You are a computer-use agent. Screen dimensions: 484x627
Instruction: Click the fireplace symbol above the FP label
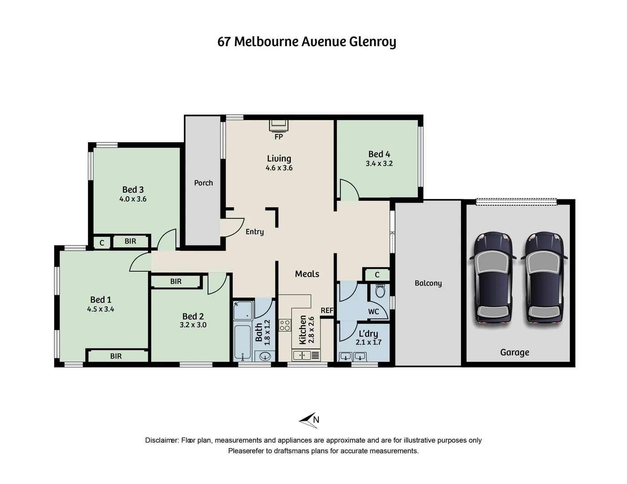point(279,125)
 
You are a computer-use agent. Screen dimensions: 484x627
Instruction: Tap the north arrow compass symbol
point(309,420)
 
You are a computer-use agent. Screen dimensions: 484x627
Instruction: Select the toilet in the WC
point(380,292)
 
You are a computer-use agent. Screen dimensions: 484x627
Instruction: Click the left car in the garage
point(493,277)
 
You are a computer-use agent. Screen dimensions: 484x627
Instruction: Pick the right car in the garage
point(544,277)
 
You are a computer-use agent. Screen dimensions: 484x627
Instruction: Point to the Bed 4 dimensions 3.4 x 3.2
point(379,164)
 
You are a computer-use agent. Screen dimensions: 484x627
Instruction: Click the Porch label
point(203,183)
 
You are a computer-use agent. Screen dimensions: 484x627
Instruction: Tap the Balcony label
point(428,283)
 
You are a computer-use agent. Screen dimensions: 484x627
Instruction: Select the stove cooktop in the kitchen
point(285,325)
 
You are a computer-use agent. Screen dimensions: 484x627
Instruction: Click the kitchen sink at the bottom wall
point(301,355)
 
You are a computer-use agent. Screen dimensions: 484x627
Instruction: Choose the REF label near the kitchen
point(327,311)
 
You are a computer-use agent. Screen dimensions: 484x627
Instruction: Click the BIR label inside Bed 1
point(116,356)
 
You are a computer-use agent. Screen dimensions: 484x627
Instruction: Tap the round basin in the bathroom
point(265,357)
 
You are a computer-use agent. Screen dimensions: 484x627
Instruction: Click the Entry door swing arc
point(233,228)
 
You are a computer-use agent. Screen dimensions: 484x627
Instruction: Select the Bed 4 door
point(349,189)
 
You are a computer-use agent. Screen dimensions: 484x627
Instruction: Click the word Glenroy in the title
point(372,42)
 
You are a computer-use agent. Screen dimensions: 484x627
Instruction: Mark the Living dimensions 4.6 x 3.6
point(279,168)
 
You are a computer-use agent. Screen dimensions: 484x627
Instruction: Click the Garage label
point(514,353)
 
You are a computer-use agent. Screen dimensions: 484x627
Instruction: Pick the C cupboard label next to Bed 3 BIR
point(102,243)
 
